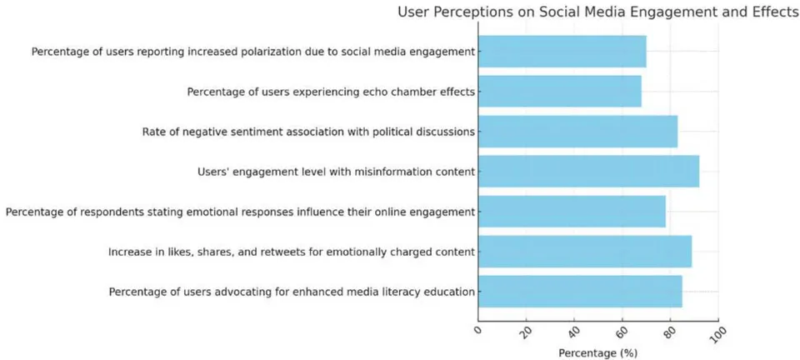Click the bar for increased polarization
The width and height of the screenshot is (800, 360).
click(x=562, y=52)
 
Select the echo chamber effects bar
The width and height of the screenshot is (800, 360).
click(x=560, y=92)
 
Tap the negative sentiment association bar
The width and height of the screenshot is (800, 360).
click(x=578, y=132)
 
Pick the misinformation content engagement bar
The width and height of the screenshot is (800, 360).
click(x=589, y=172)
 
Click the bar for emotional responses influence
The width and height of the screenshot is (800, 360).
click(x=572, y=211)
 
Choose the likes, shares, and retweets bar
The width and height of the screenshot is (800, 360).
click(x=585, y=252)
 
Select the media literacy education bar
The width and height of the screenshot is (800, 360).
click(x=580, y=291)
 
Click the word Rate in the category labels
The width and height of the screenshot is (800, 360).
click(x=153, y=132)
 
